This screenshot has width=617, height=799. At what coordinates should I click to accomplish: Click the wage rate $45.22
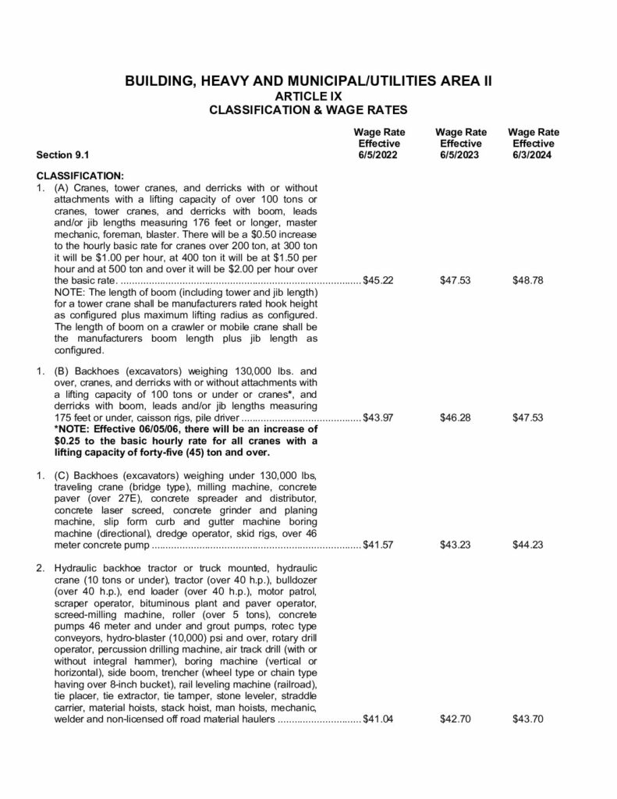click(378, 280)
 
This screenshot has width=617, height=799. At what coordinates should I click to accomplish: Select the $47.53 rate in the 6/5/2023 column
click(455, 280)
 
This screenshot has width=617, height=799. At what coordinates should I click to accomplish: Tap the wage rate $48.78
click(528, 280)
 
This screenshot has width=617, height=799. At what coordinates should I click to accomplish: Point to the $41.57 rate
click(378, 545)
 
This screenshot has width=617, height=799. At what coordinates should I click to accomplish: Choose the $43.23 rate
click(455, 545)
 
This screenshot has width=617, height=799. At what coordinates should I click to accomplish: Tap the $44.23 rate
click(528, 545)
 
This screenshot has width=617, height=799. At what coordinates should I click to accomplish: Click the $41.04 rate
click(378, 719)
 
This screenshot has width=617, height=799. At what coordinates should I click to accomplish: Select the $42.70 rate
click(455, 719)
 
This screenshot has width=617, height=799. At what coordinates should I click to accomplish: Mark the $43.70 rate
click(528, 719)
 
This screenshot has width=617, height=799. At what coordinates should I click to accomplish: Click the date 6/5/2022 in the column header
click(378, 155)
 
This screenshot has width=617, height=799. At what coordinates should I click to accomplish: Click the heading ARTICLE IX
click(308, 96)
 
